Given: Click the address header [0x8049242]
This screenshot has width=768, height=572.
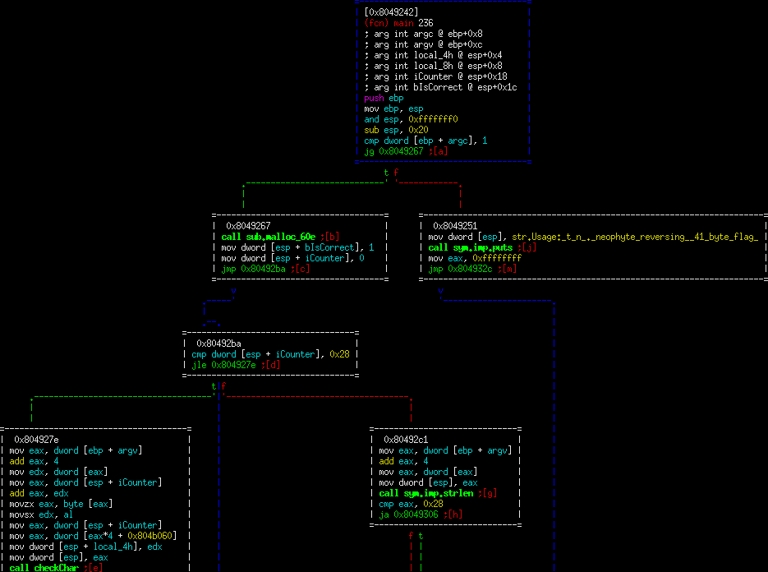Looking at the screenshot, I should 391,12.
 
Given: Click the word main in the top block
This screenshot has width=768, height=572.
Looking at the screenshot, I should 402,23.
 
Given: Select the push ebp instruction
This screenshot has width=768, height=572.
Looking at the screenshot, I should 384,98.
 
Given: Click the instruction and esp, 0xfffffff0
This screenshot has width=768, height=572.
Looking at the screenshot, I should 411,119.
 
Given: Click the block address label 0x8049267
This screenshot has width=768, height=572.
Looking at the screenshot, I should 248,226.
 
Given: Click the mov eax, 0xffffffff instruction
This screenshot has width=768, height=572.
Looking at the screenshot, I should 475,258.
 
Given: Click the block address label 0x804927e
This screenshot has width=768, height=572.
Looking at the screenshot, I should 36,440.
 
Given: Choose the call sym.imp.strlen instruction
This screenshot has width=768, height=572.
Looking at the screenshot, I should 438,493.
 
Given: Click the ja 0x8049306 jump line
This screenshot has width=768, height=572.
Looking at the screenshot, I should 421,514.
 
